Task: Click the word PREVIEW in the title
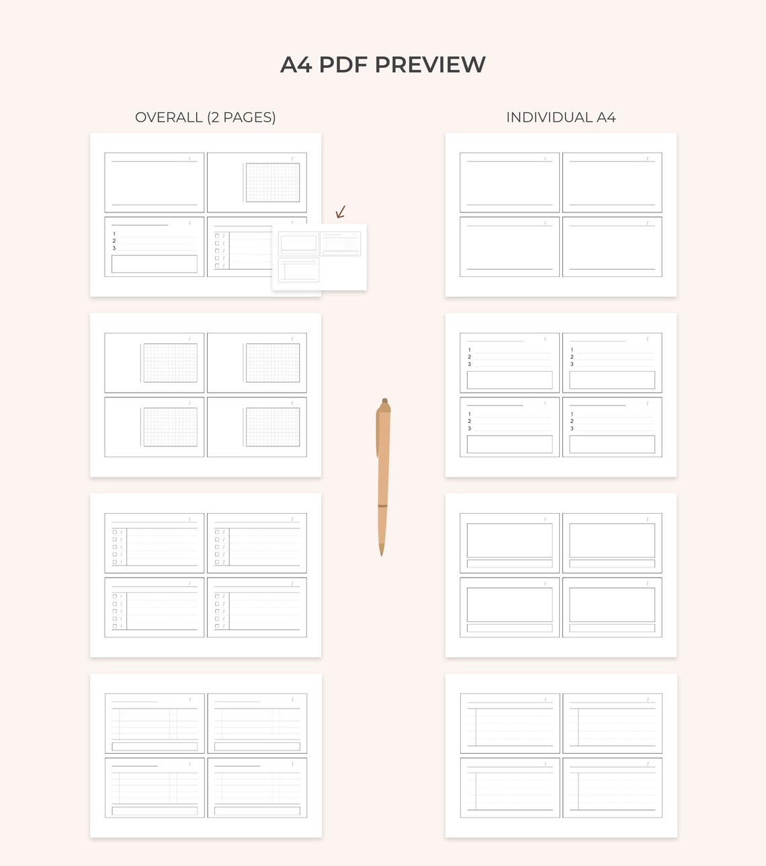coord(430,65)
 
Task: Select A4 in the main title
coord(296,65)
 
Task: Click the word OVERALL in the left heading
coord(169,118)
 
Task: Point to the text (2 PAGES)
coord(241,118)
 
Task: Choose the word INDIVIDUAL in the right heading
coord(548,118)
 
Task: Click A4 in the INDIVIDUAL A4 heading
coord(606,118)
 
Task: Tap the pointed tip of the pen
coord(382,553)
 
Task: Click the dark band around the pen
coord(382,506)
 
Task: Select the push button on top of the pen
coord(384,401)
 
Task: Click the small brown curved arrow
coord(341,212)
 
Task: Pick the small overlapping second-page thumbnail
coord(319,257)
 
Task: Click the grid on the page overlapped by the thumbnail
coord(273,182)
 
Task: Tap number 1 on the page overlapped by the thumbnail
coord(114,234)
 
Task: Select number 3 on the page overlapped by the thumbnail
coord(114,248)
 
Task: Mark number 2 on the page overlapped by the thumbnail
coord(114,241)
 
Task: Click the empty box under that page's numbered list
coord(155,264)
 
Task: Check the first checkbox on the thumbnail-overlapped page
coord(217,236)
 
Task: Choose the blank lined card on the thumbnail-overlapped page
coord(155,182)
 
